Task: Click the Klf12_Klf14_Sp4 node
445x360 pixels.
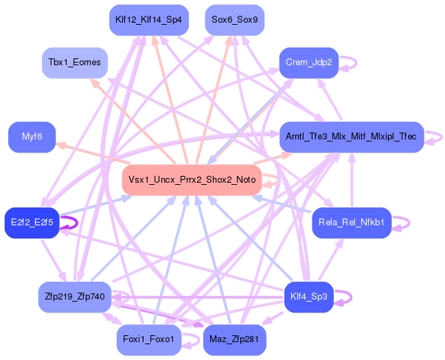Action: [x=149, y=20]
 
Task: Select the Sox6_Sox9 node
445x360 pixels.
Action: [x=235, y=20]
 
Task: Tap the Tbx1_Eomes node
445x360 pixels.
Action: [x=75, y=63]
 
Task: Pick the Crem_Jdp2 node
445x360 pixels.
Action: [x=309, y=63]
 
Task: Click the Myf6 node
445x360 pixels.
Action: [x=32, y=137]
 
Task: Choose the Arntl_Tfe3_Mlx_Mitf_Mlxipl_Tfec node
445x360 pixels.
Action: [x=352, y=137]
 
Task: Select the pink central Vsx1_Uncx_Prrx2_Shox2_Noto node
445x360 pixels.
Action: [x=192, y=180]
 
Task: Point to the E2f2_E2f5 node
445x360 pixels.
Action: [x=32, y=223]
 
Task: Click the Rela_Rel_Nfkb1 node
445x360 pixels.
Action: [x=352, y=223]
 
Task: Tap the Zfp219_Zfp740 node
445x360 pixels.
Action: [x=75, y=297]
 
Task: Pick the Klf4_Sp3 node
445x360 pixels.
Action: [x=309, y=297]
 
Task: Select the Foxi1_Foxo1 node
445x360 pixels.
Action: [x=149, y=340]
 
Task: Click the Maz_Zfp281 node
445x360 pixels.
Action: [x=235, y=340]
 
